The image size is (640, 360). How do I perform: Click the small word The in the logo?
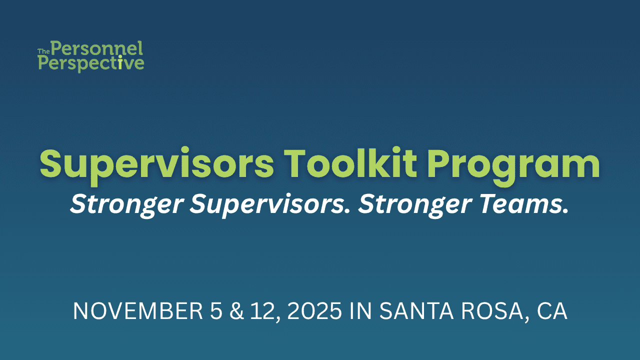43,51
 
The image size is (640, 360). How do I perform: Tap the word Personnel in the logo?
96,49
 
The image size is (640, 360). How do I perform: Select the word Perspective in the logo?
91,63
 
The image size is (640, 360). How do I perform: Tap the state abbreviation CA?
552,311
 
